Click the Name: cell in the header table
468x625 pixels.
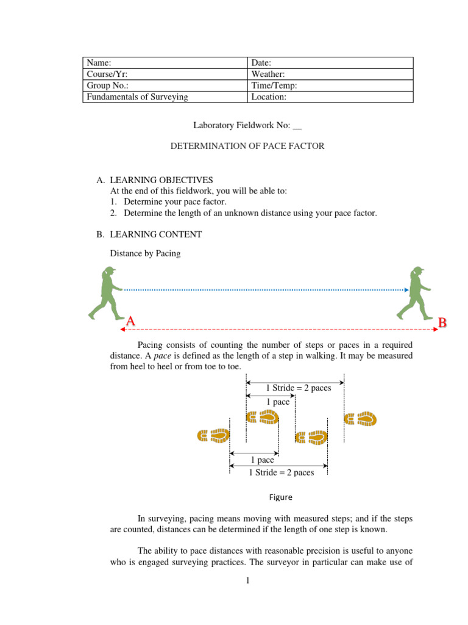click(165, 63)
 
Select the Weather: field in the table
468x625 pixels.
click(331, 74)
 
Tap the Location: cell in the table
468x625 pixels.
click(331, 96)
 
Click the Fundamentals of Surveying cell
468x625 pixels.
click(165, 96)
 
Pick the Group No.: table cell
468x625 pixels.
click(165, 85)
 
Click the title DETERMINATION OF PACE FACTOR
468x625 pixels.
click(247, 146)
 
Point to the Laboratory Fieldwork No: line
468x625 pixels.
click(247, 126)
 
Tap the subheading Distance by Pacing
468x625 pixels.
click(145, 253)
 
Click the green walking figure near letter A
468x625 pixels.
click(104, 293)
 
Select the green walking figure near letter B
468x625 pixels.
click(413, 293)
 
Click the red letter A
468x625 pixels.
click(130, 321)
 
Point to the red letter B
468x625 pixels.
click(443, 322)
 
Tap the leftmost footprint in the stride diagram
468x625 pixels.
click(213, 435)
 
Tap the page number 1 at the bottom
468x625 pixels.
click(248, 580)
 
